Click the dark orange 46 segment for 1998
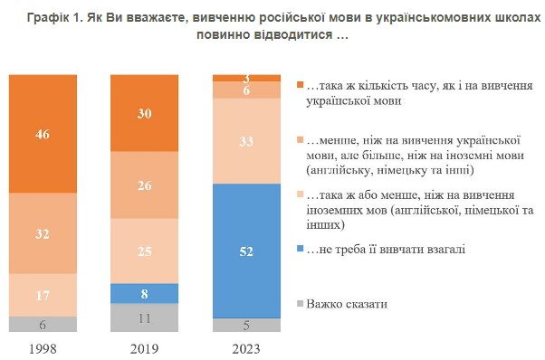42,133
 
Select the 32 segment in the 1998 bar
42,232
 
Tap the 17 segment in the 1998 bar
42,295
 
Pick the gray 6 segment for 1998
42,324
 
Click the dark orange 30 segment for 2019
143,113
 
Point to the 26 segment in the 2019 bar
143,185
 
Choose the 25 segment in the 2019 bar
143,251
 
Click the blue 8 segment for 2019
143,293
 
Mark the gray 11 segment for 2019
143,317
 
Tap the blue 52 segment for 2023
246,251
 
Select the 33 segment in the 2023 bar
246,141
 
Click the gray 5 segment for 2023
246,326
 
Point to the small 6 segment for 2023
246,90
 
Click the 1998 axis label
42,347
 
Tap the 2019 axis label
143,347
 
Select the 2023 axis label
246,347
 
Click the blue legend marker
301,249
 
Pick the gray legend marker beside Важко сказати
301,304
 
